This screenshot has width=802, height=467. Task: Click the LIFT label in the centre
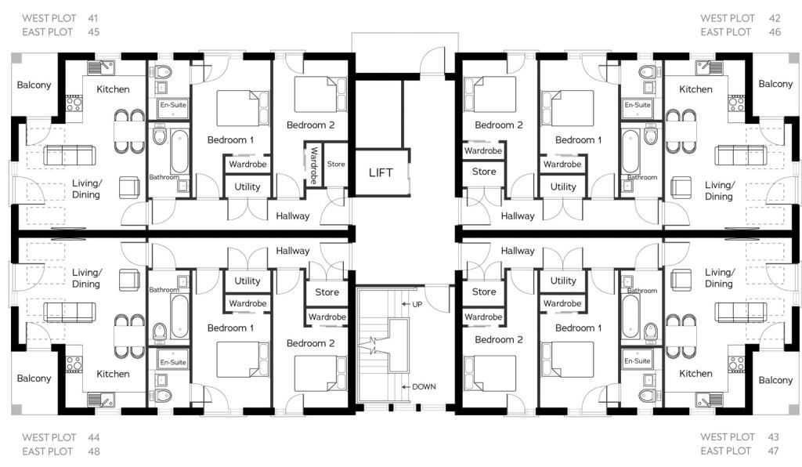point(381,173)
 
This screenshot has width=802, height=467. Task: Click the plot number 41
point(92,18)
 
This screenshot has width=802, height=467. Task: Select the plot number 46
point(775,31)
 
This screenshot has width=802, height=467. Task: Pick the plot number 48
point(94,451)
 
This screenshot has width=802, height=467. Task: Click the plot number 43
point(773,436)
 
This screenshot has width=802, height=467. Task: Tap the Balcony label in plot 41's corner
point(34,85)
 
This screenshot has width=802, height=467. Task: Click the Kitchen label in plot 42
point(695,89)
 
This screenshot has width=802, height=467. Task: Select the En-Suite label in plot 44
point(173,362)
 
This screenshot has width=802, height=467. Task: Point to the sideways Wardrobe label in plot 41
point(313,165)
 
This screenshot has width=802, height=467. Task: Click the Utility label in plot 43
point(563,281)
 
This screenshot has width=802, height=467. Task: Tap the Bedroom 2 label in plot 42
point(499,125)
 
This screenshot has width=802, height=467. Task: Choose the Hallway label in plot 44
point(293,251)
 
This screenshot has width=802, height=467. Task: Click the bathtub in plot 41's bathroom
point(179,152)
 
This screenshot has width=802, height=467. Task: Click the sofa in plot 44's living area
point(70,312)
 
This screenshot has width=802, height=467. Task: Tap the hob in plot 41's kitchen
point(74,105)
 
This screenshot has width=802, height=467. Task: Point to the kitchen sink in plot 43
point(710,400)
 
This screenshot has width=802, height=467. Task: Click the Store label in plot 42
point(484,172)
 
